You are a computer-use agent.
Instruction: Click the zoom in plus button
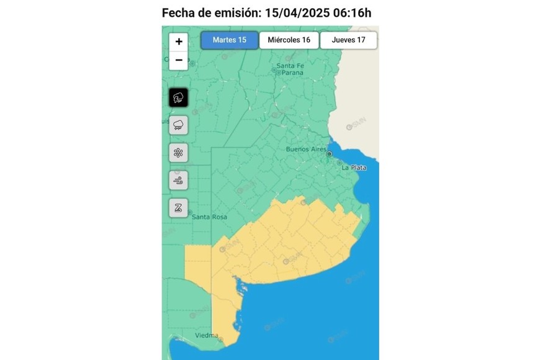tap(179, 42)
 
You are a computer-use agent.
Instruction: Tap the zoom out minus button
tap(179, 60)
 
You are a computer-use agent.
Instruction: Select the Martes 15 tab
tap(229, 40)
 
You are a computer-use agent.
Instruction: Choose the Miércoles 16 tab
tap(289, 40)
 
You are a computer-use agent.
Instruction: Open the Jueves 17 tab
tap(348, 40)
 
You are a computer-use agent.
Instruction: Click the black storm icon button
tap(179, 97)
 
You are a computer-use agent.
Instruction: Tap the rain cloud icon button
tap(179, 125)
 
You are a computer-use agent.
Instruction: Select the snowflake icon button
tap(179, 153)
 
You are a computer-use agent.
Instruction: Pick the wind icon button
tap(179, 180)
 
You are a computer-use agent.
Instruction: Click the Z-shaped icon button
tap(179, 207)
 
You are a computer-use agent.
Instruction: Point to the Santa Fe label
tap(290, 65)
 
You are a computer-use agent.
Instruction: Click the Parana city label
tap(290, 73)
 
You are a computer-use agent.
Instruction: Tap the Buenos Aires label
tap(305, 150)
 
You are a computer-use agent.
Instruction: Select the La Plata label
tap(354, 168)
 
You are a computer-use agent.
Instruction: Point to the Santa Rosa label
tap(209, 217)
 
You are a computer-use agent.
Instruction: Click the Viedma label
tap(206, 336)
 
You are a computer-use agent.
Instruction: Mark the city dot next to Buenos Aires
tap(330, 153)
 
